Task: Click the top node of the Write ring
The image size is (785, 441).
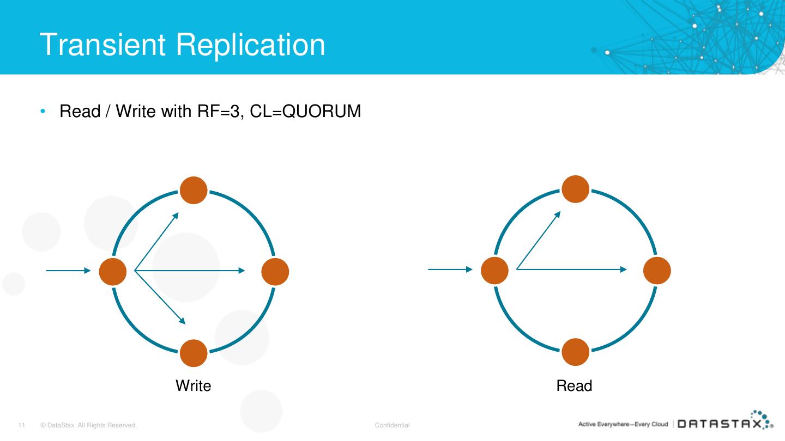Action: pos(194,191)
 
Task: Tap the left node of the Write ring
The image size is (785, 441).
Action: pos(113,271)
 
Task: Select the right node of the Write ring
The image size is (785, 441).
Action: pos(275,271)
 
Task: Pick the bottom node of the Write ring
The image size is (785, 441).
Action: pos(194,353)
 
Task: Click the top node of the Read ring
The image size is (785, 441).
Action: pos(576,189)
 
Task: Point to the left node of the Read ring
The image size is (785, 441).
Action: pos(494,271)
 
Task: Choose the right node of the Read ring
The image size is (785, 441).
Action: pos(657,271)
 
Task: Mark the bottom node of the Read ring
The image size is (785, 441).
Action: pos(576,352)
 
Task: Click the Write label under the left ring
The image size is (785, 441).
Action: pos(193,386)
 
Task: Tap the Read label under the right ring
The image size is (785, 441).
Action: pos(574,386)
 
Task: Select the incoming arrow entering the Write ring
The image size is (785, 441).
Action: pos(68,270)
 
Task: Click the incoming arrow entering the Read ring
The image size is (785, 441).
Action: pos(450,269)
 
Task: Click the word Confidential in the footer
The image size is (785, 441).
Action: pos(392,425)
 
